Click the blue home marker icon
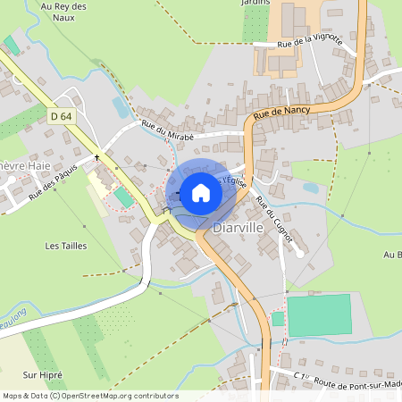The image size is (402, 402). [x=200, y=192]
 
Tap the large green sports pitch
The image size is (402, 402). [x=319, y=314]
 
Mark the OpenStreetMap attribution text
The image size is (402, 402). [x=89, y=396]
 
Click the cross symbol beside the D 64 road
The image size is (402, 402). [x=96, y=155]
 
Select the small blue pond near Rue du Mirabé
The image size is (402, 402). [x=121, y=107]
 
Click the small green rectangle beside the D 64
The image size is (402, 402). [x=120, y=195]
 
